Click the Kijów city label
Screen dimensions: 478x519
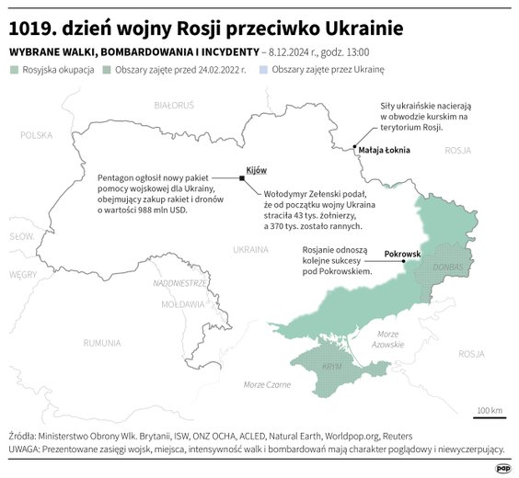[256, 172]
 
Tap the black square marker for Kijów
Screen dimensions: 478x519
[241, 178]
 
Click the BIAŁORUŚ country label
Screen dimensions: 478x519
[174, 107]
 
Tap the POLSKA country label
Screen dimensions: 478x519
[37, 134]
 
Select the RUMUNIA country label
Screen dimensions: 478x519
[101, 343]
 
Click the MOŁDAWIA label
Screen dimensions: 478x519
[182, 303]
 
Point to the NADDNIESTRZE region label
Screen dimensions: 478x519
[179, 283]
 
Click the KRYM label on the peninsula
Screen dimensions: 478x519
[332, 365]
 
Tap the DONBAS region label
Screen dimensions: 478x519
[448, 267]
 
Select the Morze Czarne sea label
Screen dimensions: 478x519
[267, 383]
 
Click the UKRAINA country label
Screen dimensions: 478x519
[250, 249]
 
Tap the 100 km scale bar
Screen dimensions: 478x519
[489, 415]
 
